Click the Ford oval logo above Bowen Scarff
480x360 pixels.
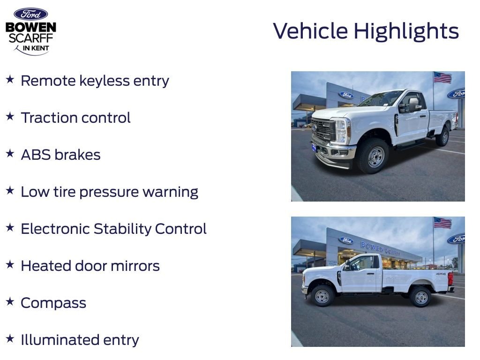pyautogui.click(x=30, y=14)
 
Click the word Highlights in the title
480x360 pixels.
pyautogui.click(x=406, y=31)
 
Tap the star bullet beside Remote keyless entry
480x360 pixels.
pyautogui.click(x=10, y=79)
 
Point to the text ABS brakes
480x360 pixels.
pyautogui.click(x=60, y=155)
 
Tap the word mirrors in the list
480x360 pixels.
pyautogui.click(x=135, y=266)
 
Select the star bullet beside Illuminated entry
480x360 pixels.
pyautogui.click(x=10, y=338)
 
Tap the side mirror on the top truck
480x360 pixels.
pyautogui.click(x=412, y=105)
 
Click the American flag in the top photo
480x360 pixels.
pyautogui.click(x=442, y=78)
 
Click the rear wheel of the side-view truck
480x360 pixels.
pyautogui.click(x=421, y=297)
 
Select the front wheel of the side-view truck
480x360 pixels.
pyautogui.click(x=322, y=296)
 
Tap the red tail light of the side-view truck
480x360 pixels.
pyautogui.click(x=450, y=278)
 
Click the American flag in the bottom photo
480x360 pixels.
pyautogui.click(x=442, y=223)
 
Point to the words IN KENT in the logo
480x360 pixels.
pyautogui.click(x=36, y=48)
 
